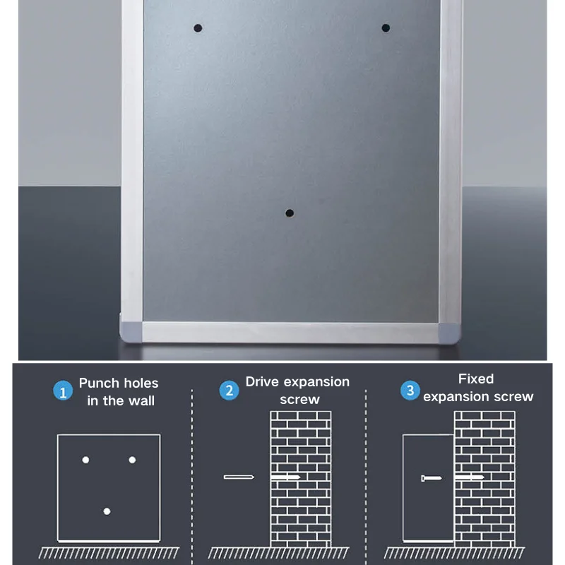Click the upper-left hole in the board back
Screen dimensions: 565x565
(x=198, y=28)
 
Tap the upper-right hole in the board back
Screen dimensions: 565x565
(x=386, y=28)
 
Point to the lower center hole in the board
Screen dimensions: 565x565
(x=289, y=213)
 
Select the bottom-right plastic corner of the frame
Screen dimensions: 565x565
(x=446, y=330)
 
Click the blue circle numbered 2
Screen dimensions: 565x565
(x=229, y=391)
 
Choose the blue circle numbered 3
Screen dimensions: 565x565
(x=410, y=390)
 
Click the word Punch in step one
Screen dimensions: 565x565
(x=100, y=383)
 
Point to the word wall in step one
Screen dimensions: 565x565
(x=141, y=401)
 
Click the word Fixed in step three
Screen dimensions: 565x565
(x=476, y=379)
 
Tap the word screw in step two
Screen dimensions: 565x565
(x=299, y=400)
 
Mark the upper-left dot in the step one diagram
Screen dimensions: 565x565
(x=85, y=460)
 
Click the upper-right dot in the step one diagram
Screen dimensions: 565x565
(x=132, y=460)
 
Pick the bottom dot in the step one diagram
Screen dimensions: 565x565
(x=107, y=511)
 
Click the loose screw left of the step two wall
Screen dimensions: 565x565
(x=238, y=477)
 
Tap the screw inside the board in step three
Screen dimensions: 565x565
(x=431, y=478)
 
